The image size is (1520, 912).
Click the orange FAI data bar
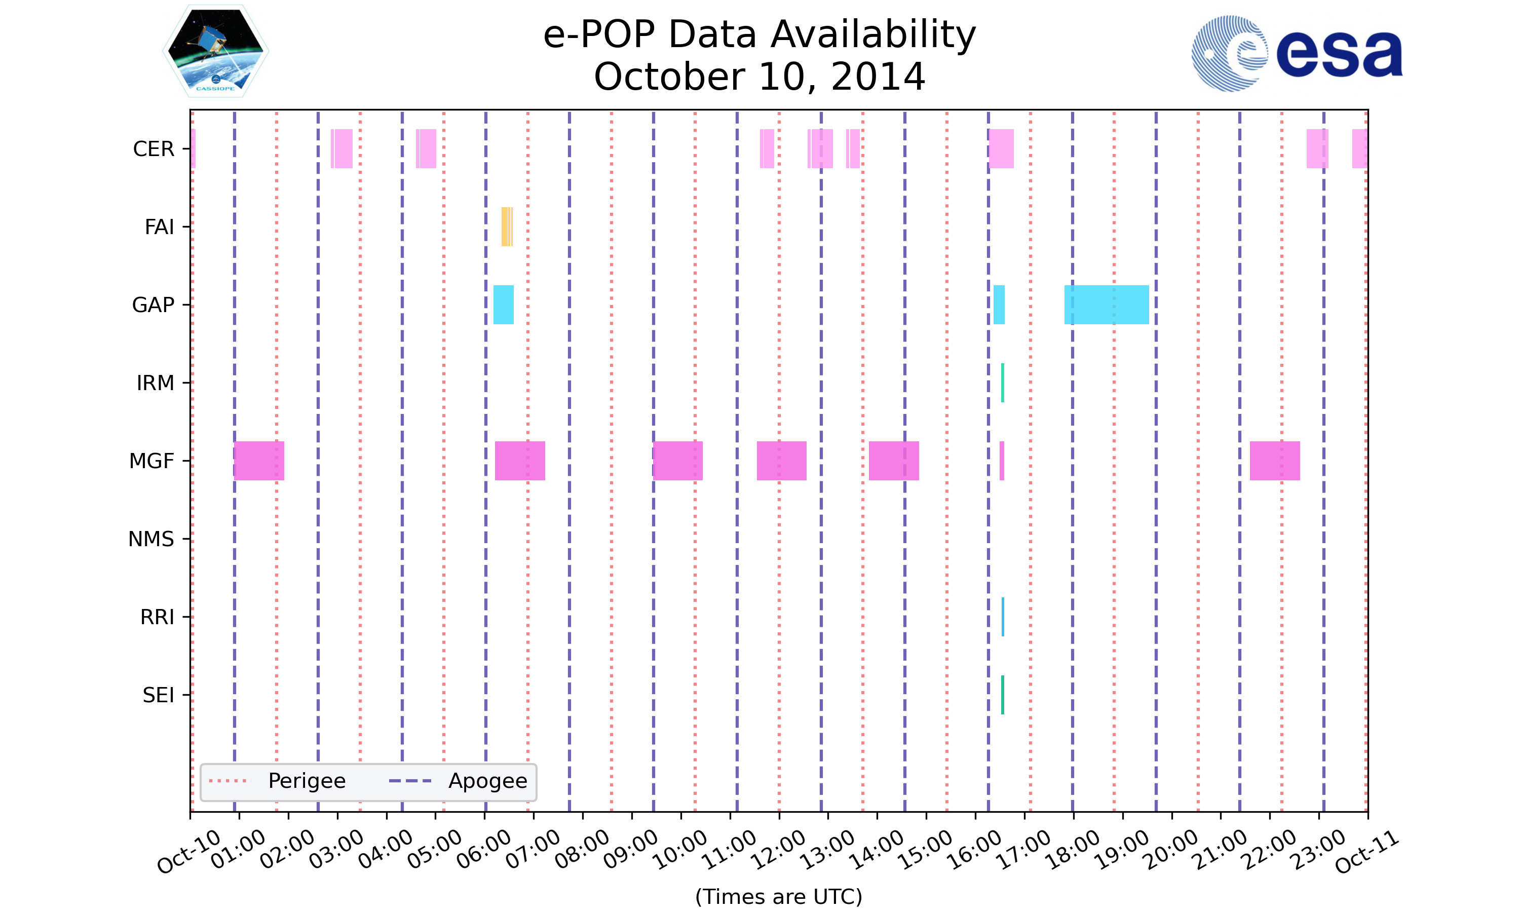[506, 227]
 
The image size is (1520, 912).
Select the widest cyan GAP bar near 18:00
[1106, 305]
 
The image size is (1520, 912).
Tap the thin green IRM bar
[1002, 383]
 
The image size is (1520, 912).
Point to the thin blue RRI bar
[1003, 617]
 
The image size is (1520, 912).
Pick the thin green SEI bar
[1002, 695]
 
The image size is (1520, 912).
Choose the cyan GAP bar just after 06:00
[503, 305]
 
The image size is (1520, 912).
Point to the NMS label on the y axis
[151, 539]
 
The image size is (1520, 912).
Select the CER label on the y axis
[154, 149]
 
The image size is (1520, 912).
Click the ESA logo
[1297, 54]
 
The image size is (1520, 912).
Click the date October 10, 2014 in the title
[759, 77]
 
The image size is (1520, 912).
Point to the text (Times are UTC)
[778, 897]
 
